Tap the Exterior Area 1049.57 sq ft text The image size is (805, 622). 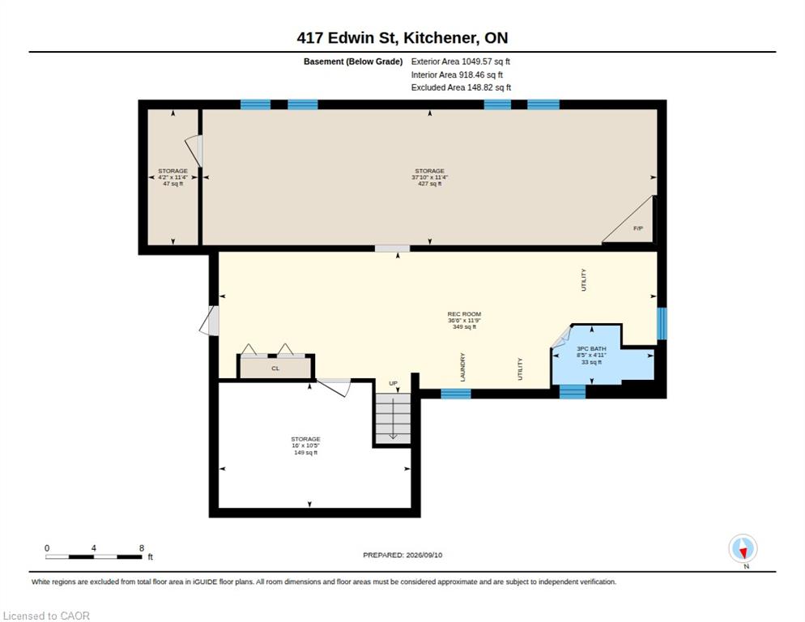[x=461, y=62]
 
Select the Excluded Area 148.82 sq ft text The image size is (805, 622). [x=461, y=87]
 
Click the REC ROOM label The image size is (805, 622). [x=464, y=313]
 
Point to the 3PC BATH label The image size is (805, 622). [x=591, y=349]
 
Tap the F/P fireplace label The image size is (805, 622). [x=637, y=228]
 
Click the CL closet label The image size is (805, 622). [x=275, y=369]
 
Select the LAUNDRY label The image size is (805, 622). [x=462, y=367]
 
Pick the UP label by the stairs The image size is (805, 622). [x=394, y=383]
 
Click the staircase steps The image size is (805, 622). [x=394, y=419]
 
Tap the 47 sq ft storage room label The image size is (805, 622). [x=173, y=184]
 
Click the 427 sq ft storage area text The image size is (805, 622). [x=430, y=184]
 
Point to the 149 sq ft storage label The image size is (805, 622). [x=305, y=453]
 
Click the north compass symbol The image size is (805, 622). [x=743, y=548]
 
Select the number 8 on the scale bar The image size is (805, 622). [x=142, y=548]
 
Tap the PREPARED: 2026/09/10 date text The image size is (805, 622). [x=402, y=556]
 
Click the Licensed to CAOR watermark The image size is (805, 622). [x=46, y=616]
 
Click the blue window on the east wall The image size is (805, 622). [x=662, y=324]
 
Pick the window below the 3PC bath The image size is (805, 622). [x=573, y=393]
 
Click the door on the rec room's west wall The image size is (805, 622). [x=210, y=321]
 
